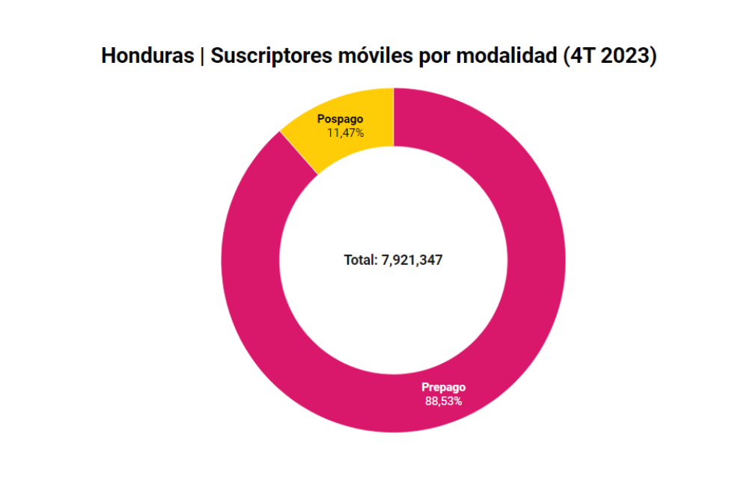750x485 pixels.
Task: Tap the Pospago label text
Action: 340,119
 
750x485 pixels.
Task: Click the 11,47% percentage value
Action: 345,132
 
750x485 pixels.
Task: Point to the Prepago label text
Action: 443,387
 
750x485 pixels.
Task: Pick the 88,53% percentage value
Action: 443,400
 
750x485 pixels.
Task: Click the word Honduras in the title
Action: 147,57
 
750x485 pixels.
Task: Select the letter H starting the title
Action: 108,57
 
